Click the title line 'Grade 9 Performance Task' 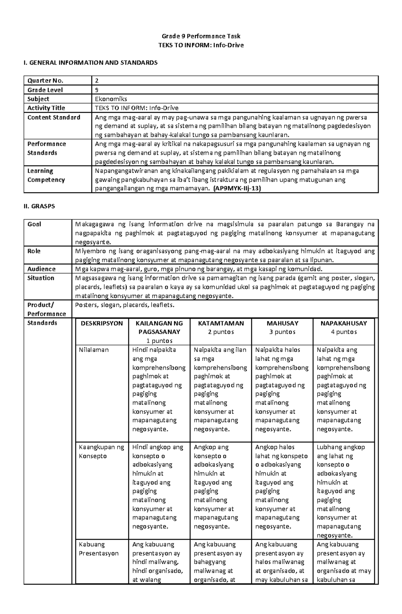(x=201, y=36)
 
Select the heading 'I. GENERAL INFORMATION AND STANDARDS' (x=90, y=63)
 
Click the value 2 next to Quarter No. (x=97, y=81)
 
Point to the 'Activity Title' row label (x=46, y=108)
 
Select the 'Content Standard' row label (x=54, y=117)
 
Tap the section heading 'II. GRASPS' (x=39, y=206)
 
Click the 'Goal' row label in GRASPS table (x=34, y=224)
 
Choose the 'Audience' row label (x=42, y=269)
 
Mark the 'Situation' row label (x=41, y=278)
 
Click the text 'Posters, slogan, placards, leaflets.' (x=125, y=305)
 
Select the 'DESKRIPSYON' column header (x=102, y=323)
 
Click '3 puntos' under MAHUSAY (x=282, y=332)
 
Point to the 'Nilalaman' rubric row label (x=94, y=350)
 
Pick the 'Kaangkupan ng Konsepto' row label (x=101, y=451)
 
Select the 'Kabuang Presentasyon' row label (x=98, y=549)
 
